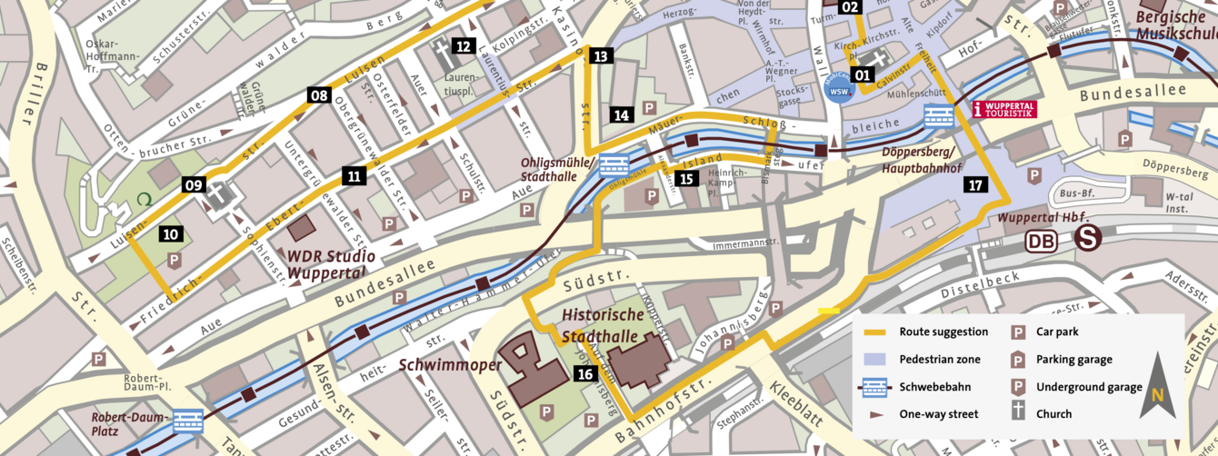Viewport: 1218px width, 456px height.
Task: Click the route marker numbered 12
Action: pos(464,46)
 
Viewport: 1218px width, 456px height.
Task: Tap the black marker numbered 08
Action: pos(318,95)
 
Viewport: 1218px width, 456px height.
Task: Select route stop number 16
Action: pos(585,373)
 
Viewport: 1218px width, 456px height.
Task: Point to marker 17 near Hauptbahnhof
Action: pos(975,185)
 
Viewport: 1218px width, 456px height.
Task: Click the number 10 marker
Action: pos(171,233)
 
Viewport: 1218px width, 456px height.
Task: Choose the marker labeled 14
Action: pos(622,115)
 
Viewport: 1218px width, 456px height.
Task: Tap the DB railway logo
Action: pos(1041,241)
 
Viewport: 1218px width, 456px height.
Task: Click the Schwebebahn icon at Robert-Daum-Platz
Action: pos(188,421)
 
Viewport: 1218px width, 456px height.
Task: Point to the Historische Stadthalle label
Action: pos(603,325)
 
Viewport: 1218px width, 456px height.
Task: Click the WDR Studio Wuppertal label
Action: pos(328,263)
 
